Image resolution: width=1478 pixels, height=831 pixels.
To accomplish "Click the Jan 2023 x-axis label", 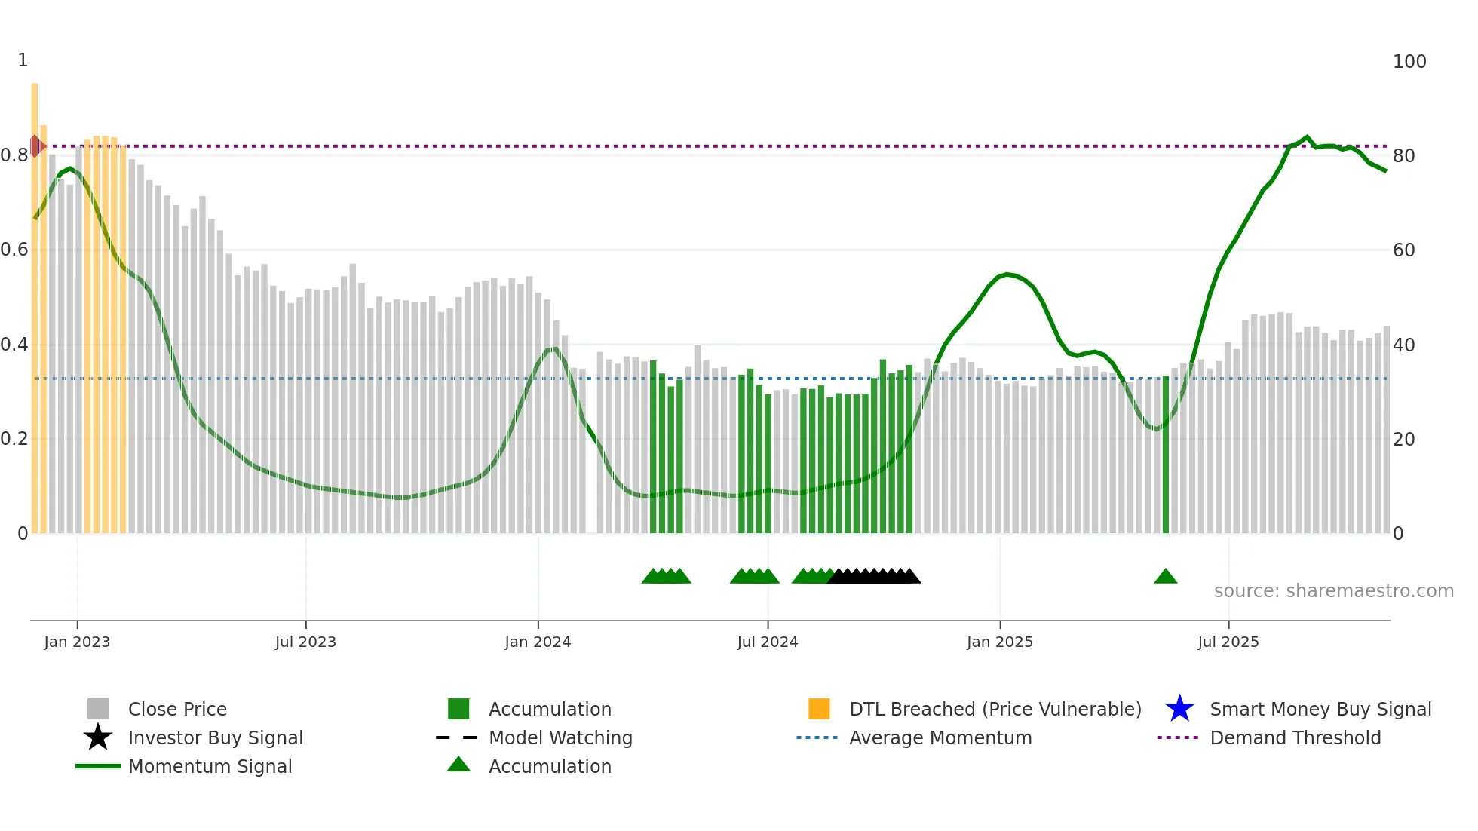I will pyautogui.click(x=77, y=642).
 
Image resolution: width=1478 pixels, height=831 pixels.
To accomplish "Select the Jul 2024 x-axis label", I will pyautogui.click(x=767, y=642).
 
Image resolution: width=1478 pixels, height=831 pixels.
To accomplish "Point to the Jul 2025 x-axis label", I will pyautogui.click(x=1228, y=642).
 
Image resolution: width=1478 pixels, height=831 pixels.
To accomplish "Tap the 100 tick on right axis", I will pyautogui.click(x=1409, y=62).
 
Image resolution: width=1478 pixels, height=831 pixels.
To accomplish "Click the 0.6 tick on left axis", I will pyautogui.click(x=15, y=250).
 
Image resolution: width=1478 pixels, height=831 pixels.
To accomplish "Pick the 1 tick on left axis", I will pyautogui.click(x=23, y=60).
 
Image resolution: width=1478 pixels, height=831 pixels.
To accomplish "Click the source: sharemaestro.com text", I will pyautogui.click(x=1333, y=591).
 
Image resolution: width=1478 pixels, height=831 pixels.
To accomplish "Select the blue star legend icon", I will pyautogui.click(x=1179, y=709).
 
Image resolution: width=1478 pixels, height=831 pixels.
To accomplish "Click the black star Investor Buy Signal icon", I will pyautogui.click(x=98, y=737).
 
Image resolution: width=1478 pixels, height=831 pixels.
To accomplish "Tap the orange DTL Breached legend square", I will pyautogui.click(x=819, y=709).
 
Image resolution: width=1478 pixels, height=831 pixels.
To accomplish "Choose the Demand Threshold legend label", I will pyautogui.click(x=1295, y=737).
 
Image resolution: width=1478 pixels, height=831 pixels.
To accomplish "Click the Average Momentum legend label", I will pyautogui.click(x=940, y=737).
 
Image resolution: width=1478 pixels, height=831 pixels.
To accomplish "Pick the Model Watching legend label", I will pyautogui.click(x=560, y=737).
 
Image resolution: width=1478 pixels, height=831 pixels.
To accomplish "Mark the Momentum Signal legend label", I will pyautogui.click(x=210, y=766).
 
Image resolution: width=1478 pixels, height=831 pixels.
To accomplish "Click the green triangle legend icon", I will pyautogui.click(x=458, y=765).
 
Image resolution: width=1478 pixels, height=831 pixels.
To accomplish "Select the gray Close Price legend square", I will pyautogui.click(x=98, y=709).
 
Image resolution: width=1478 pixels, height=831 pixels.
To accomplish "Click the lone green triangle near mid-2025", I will pyautogui.click(x=1165, y=577).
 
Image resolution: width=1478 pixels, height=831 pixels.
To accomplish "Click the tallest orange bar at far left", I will pyautogui.click(x=35, y=302).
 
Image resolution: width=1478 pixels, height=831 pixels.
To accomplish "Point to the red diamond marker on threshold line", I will pyautogui.click(x=35, y=146).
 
